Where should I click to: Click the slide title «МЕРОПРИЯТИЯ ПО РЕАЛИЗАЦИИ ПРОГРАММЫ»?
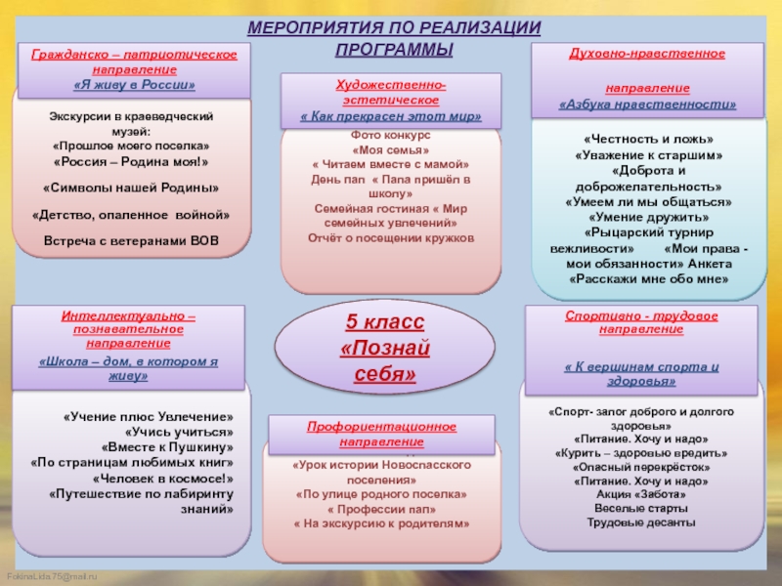coord(393,38)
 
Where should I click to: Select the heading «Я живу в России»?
coord(135,85)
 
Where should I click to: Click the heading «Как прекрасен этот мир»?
coord(390,116)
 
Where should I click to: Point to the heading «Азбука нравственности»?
coord(647,104)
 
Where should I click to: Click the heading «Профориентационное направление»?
coord(375,435)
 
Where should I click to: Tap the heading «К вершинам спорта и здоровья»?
coord(641,373)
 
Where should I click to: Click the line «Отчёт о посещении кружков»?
coord(391,237)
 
